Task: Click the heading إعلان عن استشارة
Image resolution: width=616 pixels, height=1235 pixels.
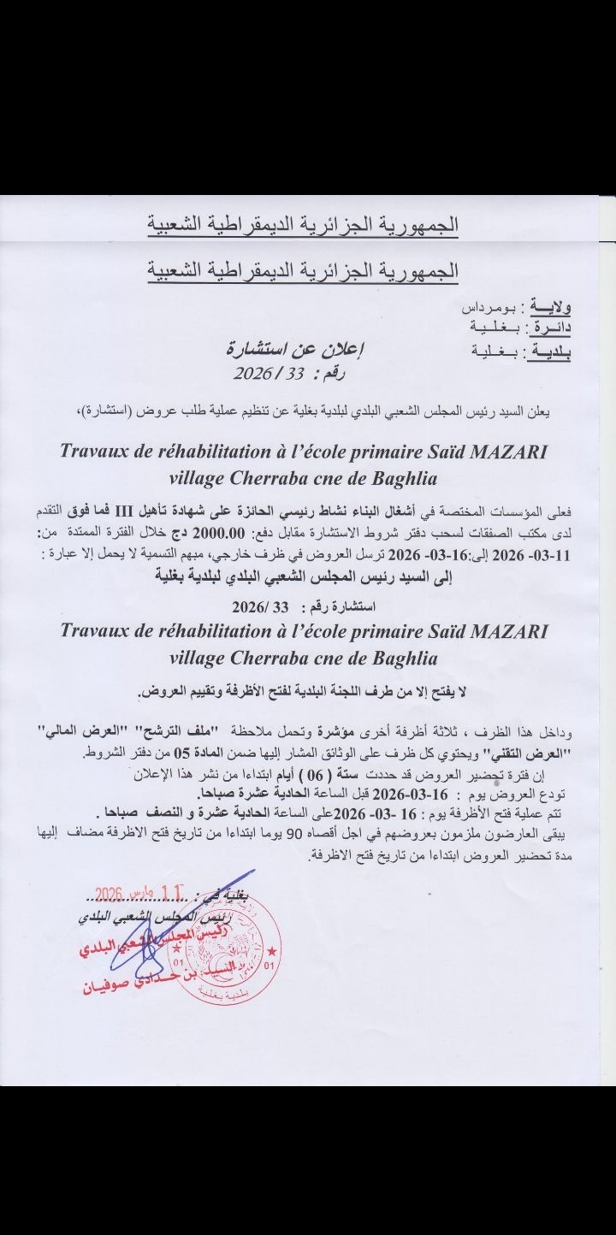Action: click(290, 348)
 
